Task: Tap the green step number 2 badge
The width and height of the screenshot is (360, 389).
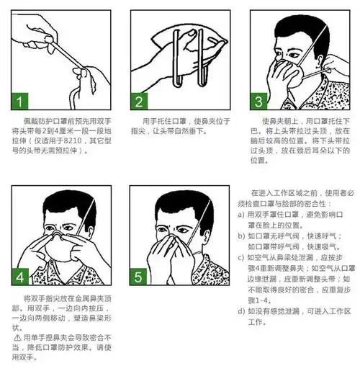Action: coord(141,99)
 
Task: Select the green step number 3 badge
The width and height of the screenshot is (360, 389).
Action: coord(258,99)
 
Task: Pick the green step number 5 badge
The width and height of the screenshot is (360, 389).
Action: coord(141,276)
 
